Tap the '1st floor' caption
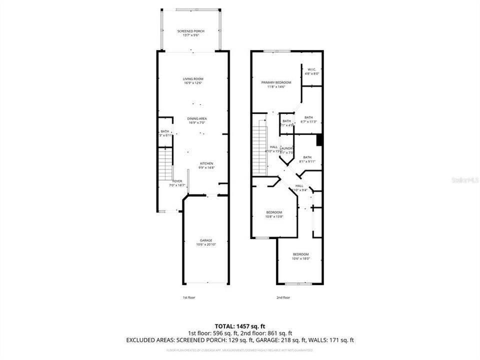(188, 297)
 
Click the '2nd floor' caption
(283, 297)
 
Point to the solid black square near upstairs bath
(319, 140)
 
